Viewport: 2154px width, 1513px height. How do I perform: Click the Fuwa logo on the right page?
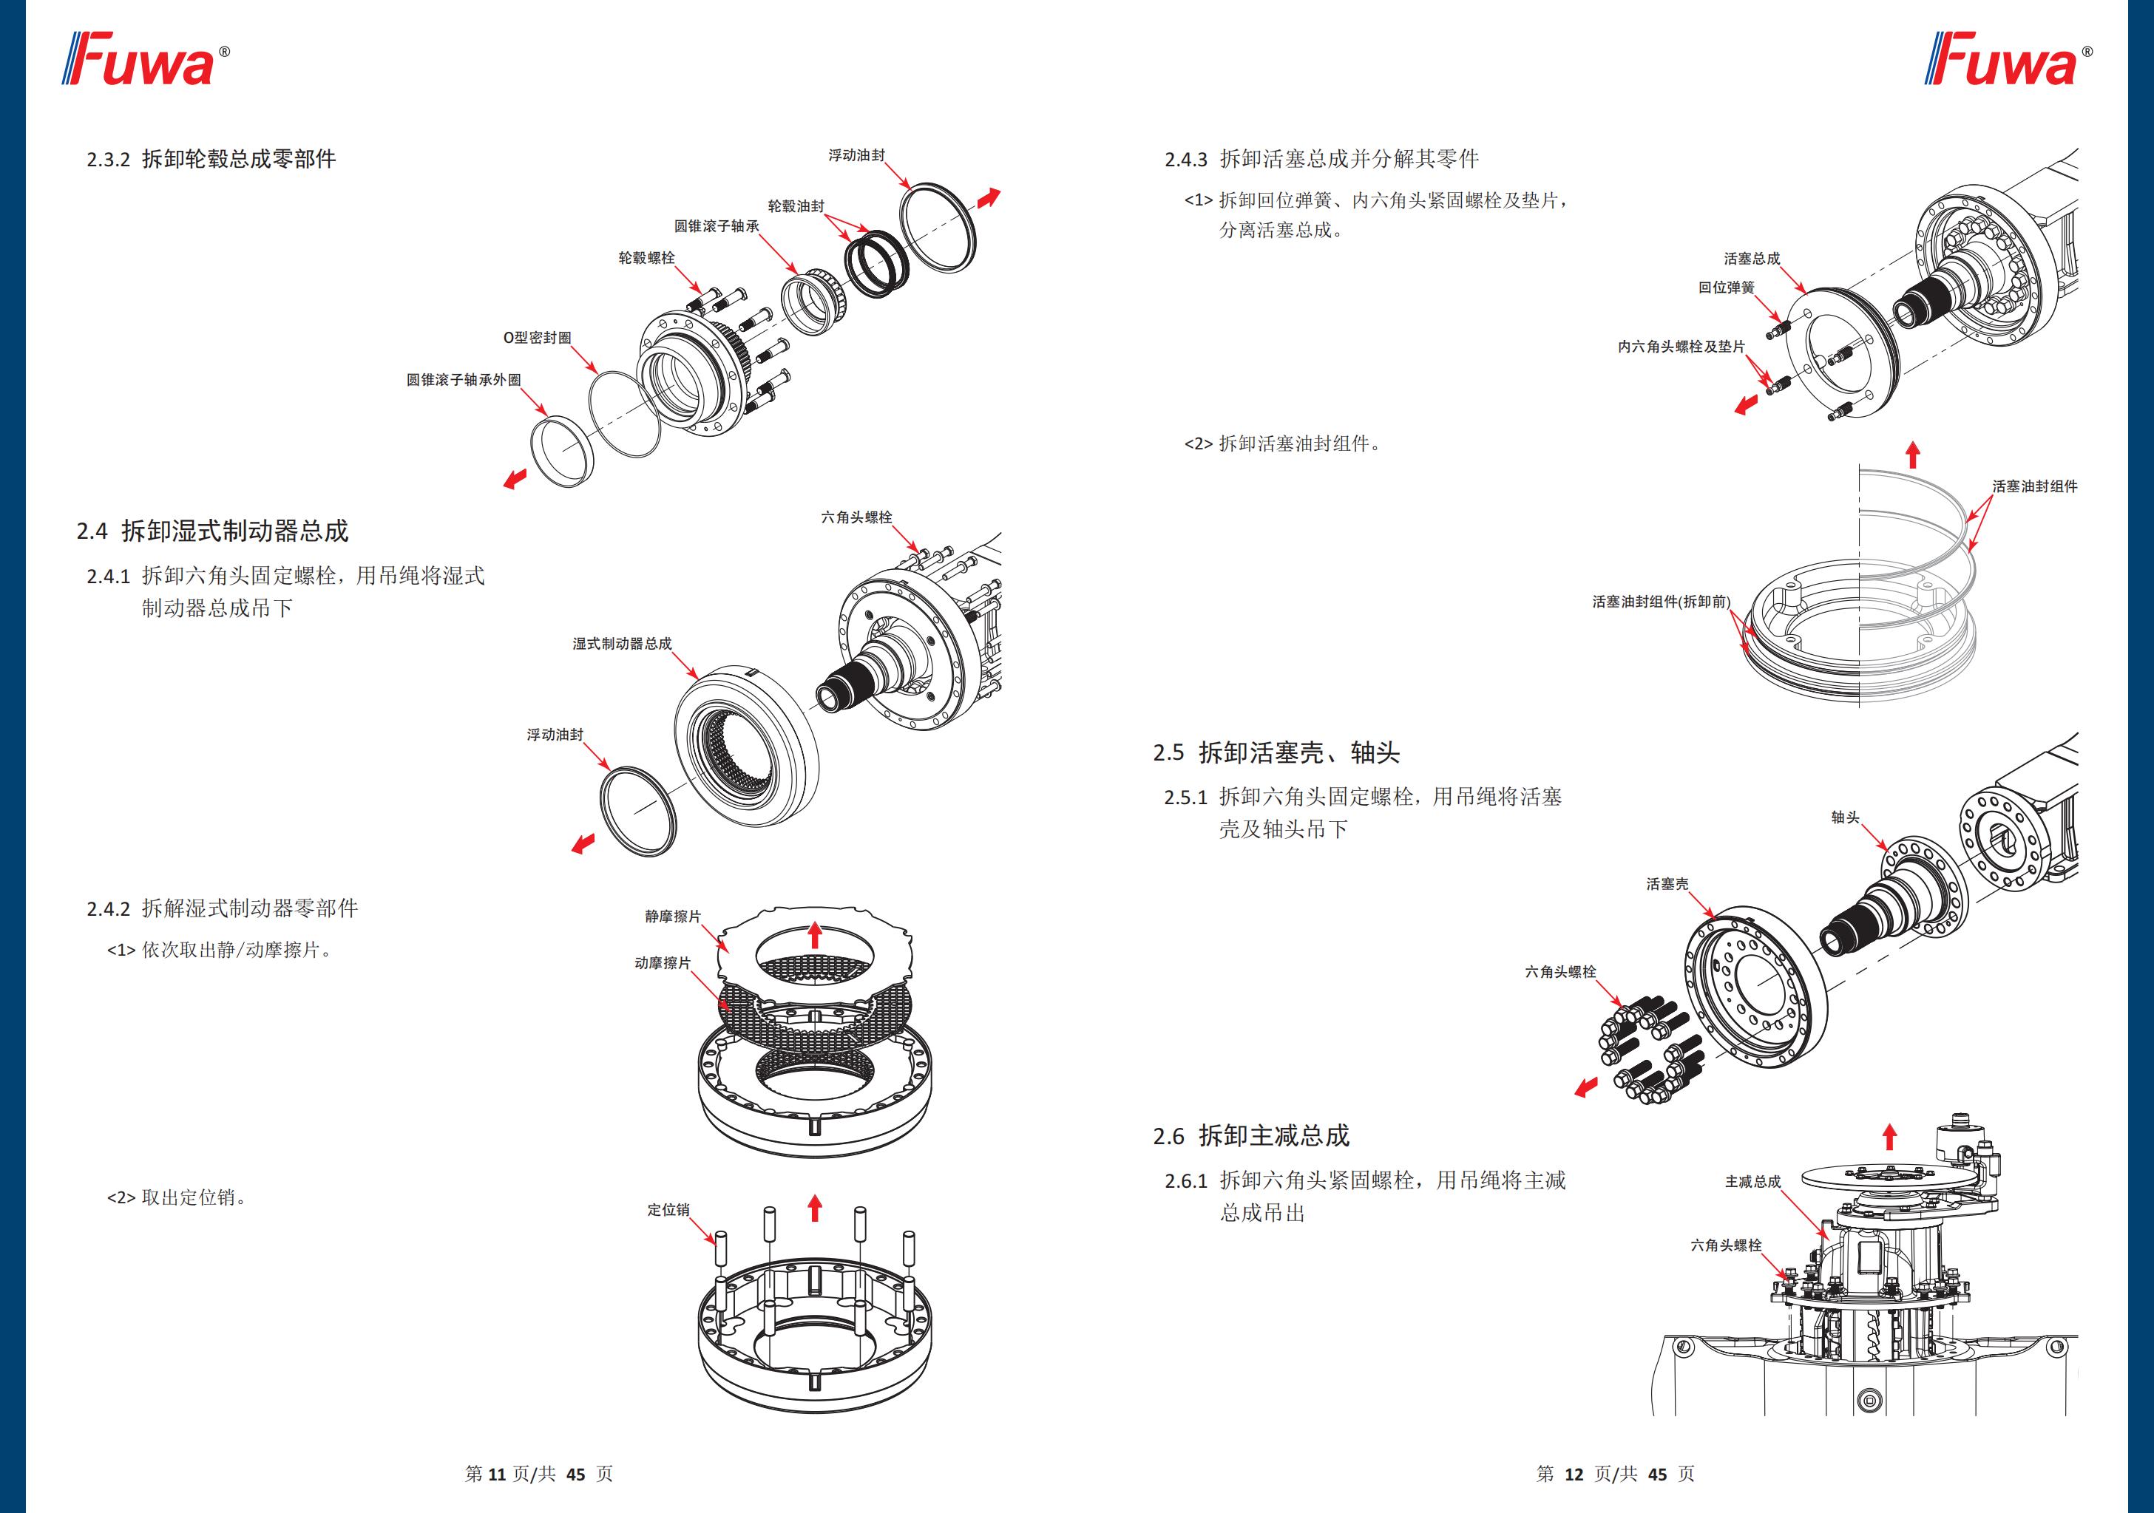tap(2006, 60)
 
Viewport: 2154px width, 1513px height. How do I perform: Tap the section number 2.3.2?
tap(108, 160)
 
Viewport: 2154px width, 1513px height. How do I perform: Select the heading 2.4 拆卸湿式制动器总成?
tap(212, 532)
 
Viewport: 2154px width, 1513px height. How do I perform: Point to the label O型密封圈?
tap(537, 338)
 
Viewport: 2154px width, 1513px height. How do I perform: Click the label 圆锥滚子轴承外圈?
tap(464, 380)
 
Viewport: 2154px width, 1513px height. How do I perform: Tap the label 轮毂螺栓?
tap(646, 258)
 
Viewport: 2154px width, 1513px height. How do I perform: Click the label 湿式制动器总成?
tap(622, 644)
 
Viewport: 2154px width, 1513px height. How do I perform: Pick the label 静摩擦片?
tap(673, 917)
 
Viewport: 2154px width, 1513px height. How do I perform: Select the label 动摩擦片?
tap(663, 963)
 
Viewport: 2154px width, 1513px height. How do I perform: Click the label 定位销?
tap(668, 1210)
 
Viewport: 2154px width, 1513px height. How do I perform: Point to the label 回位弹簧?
tap(1726, 288)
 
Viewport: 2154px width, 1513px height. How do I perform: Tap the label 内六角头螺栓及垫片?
tap(1681, 347)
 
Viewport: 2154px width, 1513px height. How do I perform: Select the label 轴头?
tap(1846, 818)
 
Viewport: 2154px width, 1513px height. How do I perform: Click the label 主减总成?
tap(1752, 1182)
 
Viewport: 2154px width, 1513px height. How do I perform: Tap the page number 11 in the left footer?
tap(497, 1475)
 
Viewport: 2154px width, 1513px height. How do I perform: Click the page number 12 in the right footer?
tap(1574, 1475)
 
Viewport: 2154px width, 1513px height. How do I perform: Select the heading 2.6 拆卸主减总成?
tap(1250, 1136)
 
